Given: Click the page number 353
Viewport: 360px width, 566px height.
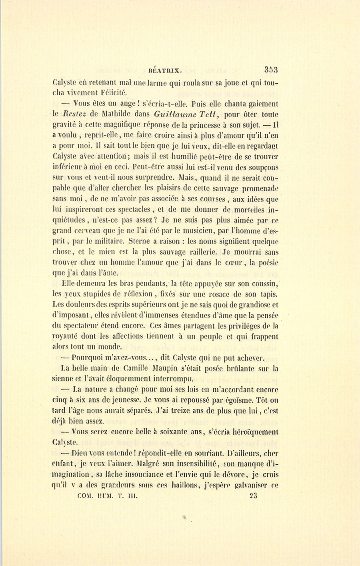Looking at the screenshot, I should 270,69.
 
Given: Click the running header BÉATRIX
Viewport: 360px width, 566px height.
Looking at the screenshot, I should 165,69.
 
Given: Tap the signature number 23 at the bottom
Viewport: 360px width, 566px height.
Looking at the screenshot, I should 253,495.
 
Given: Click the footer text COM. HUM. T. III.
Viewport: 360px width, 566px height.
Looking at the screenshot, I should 106,496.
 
